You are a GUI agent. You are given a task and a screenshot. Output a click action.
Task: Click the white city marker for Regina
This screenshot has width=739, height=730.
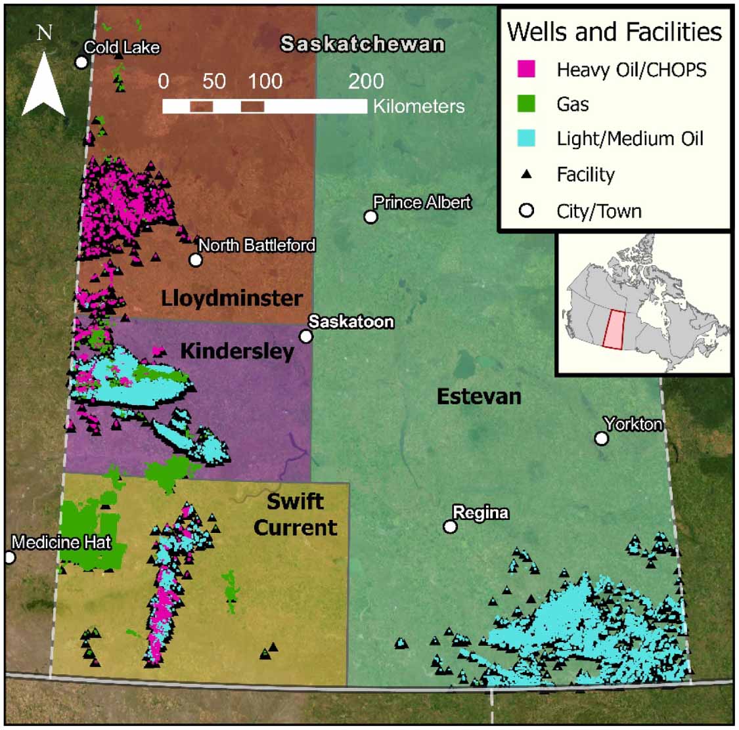click(x=450, y=526)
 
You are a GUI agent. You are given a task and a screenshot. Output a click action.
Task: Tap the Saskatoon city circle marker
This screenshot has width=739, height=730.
click(x=306, y=336)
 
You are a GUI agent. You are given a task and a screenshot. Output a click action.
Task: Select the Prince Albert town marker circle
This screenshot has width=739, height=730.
click(x=371, y=217)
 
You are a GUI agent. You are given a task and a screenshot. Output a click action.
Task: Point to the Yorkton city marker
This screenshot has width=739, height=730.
click(x=601, y=438)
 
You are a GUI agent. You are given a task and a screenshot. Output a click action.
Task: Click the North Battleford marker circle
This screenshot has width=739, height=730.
click(x=196, y=259)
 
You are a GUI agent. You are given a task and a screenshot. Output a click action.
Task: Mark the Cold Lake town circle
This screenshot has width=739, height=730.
click(x=81, y=62)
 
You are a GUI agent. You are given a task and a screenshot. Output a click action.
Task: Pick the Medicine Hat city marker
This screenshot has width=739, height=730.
click(x=9, y=557)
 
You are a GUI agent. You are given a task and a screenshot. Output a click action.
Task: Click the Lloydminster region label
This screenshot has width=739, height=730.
click(x=232, y=298)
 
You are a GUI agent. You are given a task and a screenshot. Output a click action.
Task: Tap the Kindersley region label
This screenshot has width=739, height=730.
click(x=236, y=351)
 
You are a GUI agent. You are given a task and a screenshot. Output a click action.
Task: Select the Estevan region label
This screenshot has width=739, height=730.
click(x=479, y=397)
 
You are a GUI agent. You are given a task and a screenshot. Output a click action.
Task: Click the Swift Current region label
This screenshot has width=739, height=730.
click(x=296, y=515)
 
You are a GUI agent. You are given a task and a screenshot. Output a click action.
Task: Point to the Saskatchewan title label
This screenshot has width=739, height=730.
click(x=363, y=44)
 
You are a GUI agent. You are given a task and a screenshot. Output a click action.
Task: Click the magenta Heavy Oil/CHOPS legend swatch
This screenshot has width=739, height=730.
click(x=526, y=69)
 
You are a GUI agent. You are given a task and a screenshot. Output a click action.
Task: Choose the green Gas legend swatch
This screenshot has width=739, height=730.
click(x=526, y=104)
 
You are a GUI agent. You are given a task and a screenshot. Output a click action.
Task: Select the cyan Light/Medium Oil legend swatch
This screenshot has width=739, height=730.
click(x=526, y=139)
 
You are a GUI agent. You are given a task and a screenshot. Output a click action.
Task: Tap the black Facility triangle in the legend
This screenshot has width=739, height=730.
click(x=526, y=175)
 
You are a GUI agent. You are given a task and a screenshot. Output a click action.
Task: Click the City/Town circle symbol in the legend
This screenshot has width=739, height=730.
click(x=526, y=211)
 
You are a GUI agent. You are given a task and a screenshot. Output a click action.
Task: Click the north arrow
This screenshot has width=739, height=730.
click(x=44, y=82)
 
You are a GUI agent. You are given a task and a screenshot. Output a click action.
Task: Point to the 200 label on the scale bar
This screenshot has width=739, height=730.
click(x=366, y=81)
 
